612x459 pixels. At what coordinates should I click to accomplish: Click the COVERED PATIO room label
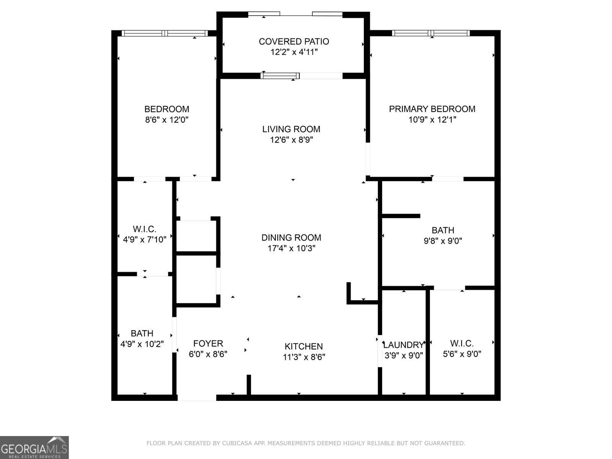tap(294, 41)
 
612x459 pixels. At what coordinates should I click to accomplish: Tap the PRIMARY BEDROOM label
tap(432, 109)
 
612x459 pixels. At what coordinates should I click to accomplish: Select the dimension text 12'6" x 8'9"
tap(291, 140)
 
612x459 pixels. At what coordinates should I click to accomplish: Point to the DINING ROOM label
tap(291, 238)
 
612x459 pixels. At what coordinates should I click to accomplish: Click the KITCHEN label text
tap(304, 347)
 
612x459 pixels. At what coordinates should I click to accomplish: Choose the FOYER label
tap(208, 343)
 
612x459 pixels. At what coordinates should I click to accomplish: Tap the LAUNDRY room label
tap(404, 345)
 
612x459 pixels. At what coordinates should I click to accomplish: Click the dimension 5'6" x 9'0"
tap(462, 354)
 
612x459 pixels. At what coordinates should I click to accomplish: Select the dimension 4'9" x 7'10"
tap(144, 240)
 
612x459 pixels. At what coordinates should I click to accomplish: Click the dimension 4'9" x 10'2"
tap(142, 344)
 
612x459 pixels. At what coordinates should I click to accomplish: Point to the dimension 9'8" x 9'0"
tap(443, 241)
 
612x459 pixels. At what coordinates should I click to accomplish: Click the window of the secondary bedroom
tap(164, 33)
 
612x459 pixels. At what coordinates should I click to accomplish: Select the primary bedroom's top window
tap(431, 33)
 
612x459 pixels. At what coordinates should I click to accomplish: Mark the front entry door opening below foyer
tap(197, 398)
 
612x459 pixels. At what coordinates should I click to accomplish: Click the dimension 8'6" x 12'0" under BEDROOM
tap(166, 120)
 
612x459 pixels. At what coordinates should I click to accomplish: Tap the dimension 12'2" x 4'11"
tap(294, 52)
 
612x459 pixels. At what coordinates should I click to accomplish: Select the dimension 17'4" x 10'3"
tap(291, 248)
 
